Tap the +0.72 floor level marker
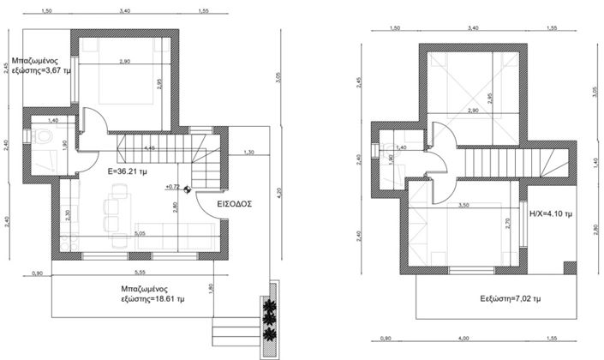[173, 186]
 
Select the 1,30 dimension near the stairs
[248, 153]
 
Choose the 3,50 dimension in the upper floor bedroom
[463, 206]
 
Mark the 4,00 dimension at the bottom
[463, 339]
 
